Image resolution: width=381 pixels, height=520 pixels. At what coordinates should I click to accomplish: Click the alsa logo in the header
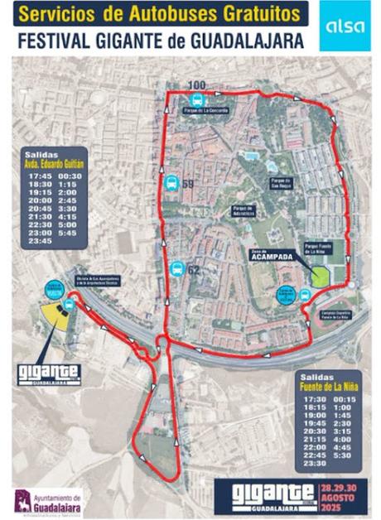click(343, 26)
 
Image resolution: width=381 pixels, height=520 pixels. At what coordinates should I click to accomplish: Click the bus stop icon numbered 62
click(176, 269)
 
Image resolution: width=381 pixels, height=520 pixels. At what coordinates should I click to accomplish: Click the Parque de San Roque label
click(277, 179)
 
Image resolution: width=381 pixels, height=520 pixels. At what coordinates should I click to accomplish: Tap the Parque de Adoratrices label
click(242, 209)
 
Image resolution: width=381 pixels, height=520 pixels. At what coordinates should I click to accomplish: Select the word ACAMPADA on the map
click(270, 257)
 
